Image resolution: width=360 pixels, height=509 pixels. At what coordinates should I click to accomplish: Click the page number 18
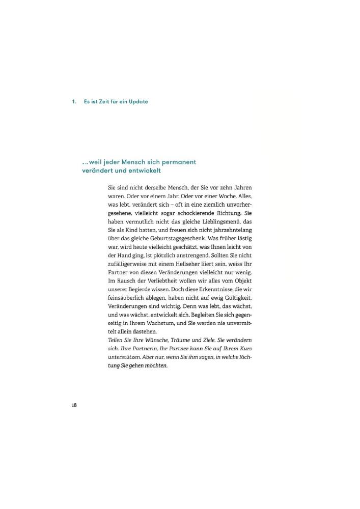74,405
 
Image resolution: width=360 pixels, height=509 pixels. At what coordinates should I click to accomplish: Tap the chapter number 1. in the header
74,102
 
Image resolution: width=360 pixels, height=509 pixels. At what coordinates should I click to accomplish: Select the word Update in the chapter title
139,102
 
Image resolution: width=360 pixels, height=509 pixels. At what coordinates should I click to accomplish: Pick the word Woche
229,196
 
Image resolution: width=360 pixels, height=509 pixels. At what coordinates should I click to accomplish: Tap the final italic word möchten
156,366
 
